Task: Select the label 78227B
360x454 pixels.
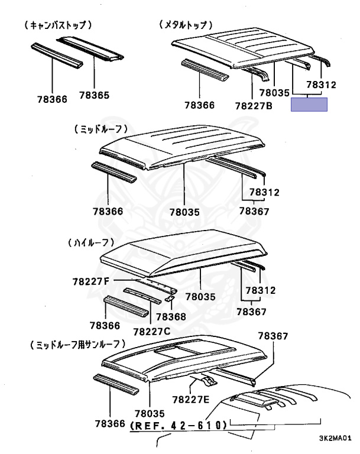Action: click(253, 106)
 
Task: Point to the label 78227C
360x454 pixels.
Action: click(152, 331)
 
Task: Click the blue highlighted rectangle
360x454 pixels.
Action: click(313, 106)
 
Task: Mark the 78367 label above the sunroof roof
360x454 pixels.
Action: click(273, 336)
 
